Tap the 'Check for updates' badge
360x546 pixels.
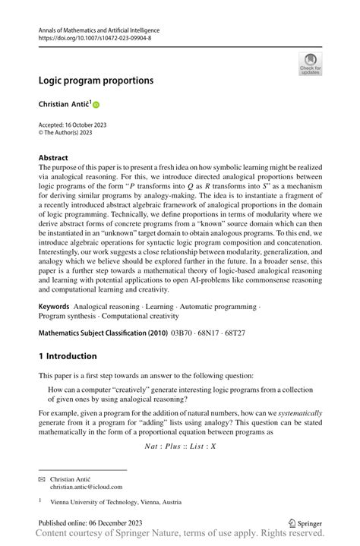click(309, 64)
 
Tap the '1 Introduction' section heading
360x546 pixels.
click(68, 356)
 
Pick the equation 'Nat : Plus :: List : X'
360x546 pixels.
click(180, 446)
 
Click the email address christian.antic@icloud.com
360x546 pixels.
click(86, 487)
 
